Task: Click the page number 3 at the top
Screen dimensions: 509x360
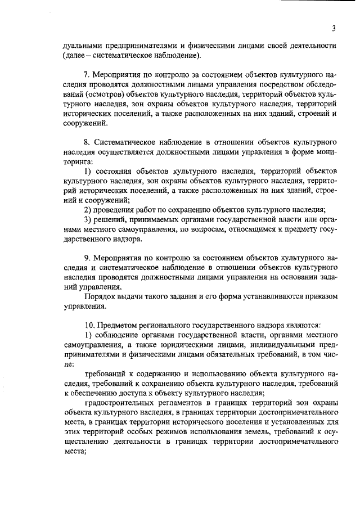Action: click(334, 29)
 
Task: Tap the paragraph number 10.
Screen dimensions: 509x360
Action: click(89, 326)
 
